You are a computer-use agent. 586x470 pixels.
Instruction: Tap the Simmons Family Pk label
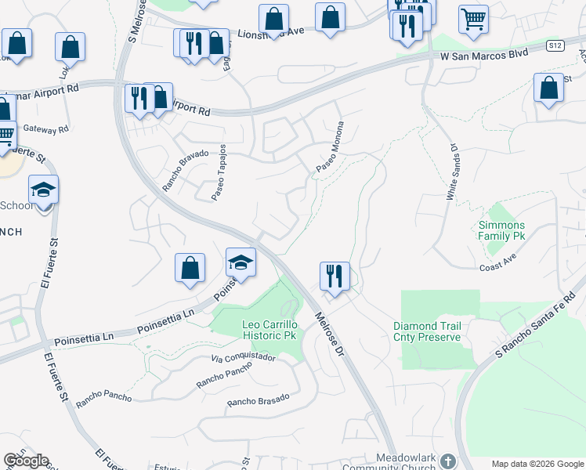tap(501, 230)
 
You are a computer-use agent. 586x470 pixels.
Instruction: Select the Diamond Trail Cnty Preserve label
tap(427, 331)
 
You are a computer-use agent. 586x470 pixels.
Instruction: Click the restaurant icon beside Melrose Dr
tap(335, 276)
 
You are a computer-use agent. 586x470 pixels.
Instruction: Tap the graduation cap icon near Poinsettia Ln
tap(241, 262)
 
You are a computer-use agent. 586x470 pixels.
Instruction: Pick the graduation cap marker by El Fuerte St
tap(44, 190)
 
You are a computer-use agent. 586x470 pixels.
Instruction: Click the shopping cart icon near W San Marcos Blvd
tap(473, 19)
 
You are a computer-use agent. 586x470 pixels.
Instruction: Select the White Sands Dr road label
tap(453, 172)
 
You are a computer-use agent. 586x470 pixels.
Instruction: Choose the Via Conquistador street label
tap(244, 357)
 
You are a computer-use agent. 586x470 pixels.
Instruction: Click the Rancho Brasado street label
tap(259, 400)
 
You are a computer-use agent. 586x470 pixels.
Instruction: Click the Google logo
tap(26, 461)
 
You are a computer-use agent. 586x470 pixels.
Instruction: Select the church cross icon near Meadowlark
tap(447, 461)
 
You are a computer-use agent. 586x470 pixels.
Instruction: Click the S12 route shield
tap(555, 46)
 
